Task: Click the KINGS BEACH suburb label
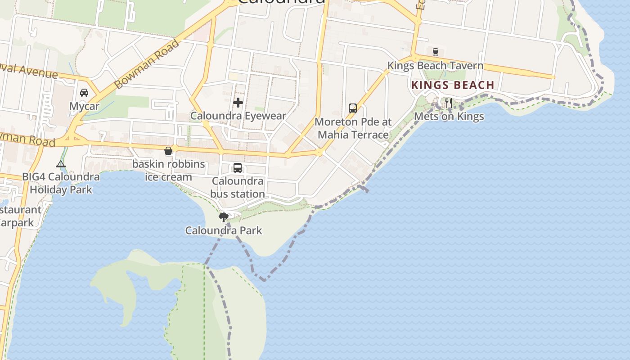(x=453, y=85)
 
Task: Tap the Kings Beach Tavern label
(x=435, y=66)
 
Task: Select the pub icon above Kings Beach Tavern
(x=435, y=52)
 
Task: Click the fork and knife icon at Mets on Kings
(x=448, y=103)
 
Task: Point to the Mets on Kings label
(x=449, y=117)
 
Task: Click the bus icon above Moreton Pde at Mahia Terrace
(x=353, y=108)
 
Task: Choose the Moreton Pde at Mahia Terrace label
(x=353, y=128)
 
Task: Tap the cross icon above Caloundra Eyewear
(x=238, y=103)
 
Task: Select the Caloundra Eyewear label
(x=238, y=116)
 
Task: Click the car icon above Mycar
(x=84, y=93)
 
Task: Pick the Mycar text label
(x=84, y=106)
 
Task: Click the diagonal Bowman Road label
(x=146, y=64)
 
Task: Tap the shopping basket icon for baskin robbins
(x=168, y=151)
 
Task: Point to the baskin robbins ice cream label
(x=168, y=171)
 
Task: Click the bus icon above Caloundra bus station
(x=238, y=168)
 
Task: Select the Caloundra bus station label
(x=238, y=188)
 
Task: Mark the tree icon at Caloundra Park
(x=223, y=218)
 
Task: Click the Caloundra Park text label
(x=224, y=231)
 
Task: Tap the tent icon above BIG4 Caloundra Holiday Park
(x=61, y=164)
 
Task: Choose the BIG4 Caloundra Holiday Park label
(x=61, y=183)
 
